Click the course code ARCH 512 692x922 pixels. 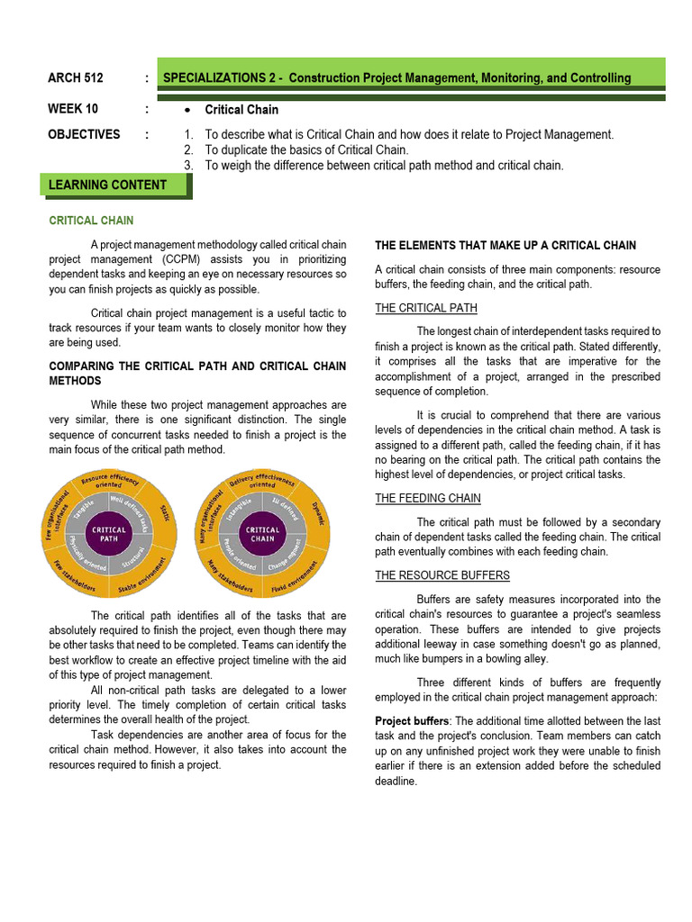(x=77, y=78)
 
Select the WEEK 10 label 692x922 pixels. (x=73, y=109)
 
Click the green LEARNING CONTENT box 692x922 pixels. (x=114, y=185)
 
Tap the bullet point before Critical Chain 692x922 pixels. (x=186, y=110)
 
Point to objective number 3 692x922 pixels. (x=187, y=166)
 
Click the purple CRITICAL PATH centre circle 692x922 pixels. (x=109, y=535)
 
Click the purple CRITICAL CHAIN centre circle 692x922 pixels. (x=263, y=535)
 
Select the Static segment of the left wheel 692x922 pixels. (x=164, y=513)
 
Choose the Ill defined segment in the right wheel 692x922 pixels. (x=289, y=504)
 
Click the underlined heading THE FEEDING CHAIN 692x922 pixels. (x=427, y=498)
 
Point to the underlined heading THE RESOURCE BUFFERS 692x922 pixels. (x=442, y=575)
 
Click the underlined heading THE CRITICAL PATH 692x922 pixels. (x=426, y=309)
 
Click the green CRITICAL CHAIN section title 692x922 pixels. (x=91, y=221)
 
